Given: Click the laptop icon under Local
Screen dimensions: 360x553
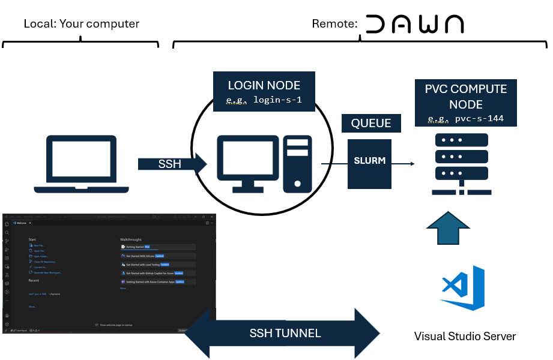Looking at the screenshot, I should pyautogui.click(x=81, y=164).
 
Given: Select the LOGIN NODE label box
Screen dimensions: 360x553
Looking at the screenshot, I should pyautogui.click(x=264, y=91).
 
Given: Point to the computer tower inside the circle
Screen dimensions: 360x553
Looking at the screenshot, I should pyautogui.click(x=298, y=163).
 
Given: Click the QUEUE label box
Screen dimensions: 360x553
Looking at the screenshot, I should pyautogui.click(x=371, y=124).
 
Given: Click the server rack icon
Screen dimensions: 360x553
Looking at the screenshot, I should pyautogui.click(x=461, y=164).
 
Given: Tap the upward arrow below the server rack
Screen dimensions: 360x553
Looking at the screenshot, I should pyautogui.click(x=447, y=229).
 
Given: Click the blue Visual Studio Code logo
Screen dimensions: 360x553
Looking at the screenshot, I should pyautogui.click(x=463, y=287).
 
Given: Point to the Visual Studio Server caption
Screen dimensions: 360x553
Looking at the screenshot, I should pyautogui.click(x=465, y=336).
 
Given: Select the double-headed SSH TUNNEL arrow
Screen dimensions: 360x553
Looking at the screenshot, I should pyautogui.click(x=282, y=333).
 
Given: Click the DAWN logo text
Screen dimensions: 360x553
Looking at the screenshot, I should pyautogui.click(x=414, y=24).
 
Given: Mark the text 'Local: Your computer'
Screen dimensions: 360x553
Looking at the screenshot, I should pyautogui.click(x=82, y=24).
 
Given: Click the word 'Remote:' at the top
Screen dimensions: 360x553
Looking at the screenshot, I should pyautogui.click(x=334, y=24).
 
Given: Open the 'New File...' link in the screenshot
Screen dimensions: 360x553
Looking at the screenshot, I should pyautogui.click(x=39, y=246).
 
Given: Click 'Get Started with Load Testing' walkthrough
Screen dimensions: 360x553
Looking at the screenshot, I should pyautogui.click(x=144, y=264).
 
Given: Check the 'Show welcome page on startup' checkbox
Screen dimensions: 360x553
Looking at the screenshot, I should pyautogui.click(x=97, y=325).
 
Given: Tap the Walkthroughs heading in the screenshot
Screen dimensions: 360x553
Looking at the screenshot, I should pyautogui.click(x=131, y=239).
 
